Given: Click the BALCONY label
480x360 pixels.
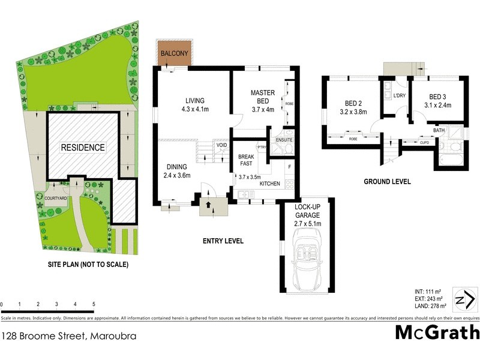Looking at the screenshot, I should [x=175, y=54].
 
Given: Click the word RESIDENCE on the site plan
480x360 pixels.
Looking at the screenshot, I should [x=82, y=147].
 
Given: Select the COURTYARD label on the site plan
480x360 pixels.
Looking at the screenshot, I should [x=55, y=197].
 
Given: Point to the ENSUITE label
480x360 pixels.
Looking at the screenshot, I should [x=283, y=139].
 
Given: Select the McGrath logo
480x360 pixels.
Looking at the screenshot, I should [x=437, y=332].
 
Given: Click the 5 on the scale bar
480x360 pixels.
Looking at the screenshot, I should [x=94, y=304].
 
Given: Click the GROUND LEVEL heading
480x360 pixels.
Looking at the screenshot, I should [x=387, y=181].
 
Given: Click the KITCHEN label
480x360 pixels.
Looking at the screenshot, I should [x=269, y=182].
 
